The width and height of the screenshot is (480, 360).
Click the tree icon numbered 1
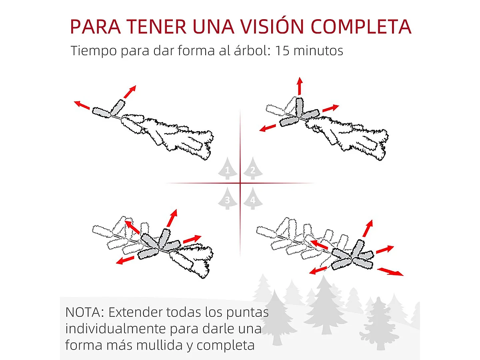[227, 170]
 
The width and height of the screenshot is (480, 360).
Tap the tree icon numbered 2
[252, 170]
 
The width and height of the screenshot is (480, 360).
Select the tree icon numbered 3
[227, 199]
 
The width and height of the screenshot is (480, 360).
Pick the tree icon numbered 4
[252, 199]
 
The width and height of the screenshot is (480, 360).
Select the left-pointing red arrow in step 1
[82, 105]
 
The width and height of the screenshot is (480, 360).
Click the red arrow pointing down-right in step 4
[390, 272]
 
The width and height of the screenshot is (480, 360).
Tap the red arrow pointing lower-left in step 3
[125, 260]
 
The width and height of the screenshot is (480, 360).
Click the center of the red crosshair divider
[240, 183]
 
